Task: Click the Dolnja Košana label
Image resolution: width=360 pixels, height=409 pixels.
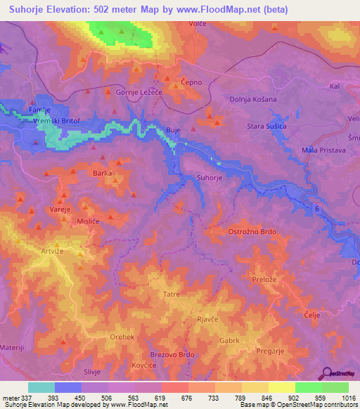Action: click(253, 99)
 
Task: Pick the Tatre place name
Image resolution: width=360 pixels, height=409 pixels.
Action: click(171, 294)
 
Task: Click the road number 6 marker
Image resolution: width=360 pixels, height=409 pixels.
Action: click(317, 209)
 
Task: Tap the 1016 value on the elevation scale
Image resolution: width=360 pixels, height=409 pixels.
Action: click(340, 398)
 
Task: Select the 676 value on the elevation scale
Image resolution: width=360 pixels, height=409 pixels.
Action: click(188, 398)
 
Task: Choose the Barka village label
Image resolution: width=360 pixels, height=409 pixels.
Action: click(103, 172)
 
